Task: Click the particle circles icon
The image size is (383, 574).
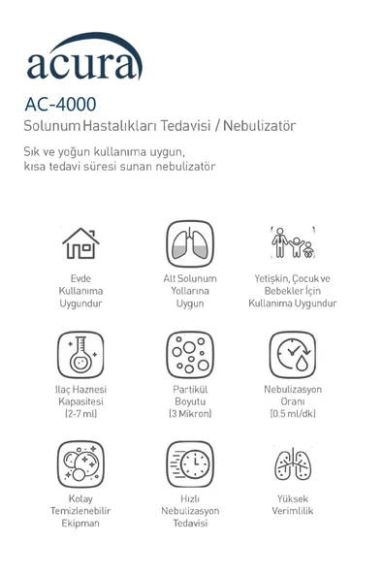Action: click(x=190, y=354)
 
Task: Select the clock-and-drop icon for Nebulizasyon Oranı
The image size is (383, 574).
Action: click(x=292, y=354)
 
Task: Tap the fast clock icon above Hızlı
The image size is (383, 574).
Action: click(x=190, y=463)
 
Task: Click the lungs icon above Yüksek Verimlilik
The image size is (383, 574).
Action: click(x=292, y=464)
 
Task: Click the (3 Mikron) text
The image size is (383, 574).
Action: click(x=190, y=414)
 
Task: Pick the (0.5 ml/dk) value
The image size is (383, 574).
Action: click(x=293, y=414)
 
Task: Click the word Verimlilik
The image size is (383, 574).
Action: click(x=293, y=511)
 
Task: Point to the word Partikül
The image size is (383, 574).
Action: click(x=190, y=389)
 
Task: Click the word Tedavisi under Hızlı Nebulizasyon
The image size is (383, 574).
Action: click(x=190, y=524)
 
